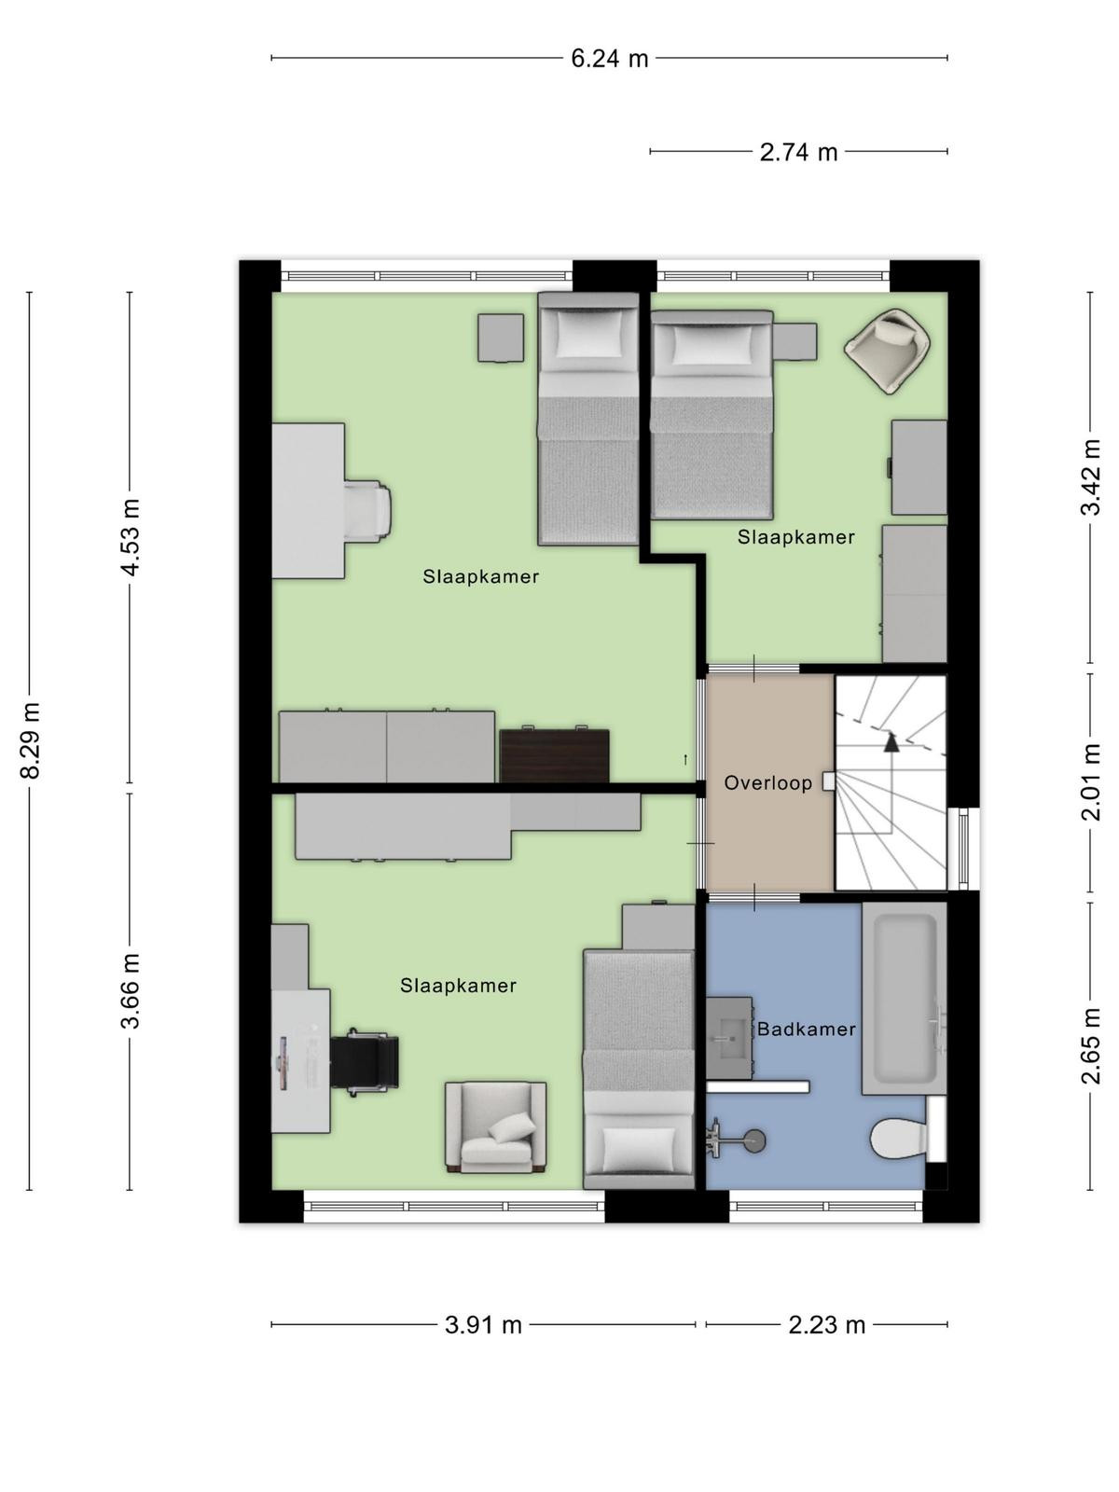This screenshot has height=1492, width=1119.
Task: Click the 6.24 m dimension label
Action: tap(610, 59)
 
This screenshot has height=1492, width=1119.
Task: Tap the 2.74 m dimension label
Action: tap(798, 152)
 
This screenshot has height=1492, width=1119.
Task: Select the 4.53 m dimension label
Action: tap(131, 537)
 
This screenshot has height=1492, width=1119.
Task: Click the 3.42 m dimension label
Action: tap(1090, 477)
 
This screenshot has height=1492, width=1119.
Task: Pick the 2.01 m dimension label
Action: tap(1090, 781)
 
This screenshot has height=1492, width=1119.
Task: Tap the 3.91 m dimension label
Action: tap(483, 1325)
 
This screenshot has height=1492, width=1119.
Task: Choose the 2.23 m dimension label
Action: tap(827, 1325)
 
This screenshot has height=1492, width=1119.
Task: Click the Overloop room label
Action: tap(767, 783)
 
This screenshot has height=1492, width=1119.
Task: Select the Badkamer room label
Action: tap(806, 1029)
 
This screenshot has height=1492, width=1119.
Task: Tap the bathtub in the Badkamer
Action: tap(904, 999)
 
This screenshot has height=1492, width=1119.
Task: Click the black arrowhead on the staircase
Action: tap(891, 742)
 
